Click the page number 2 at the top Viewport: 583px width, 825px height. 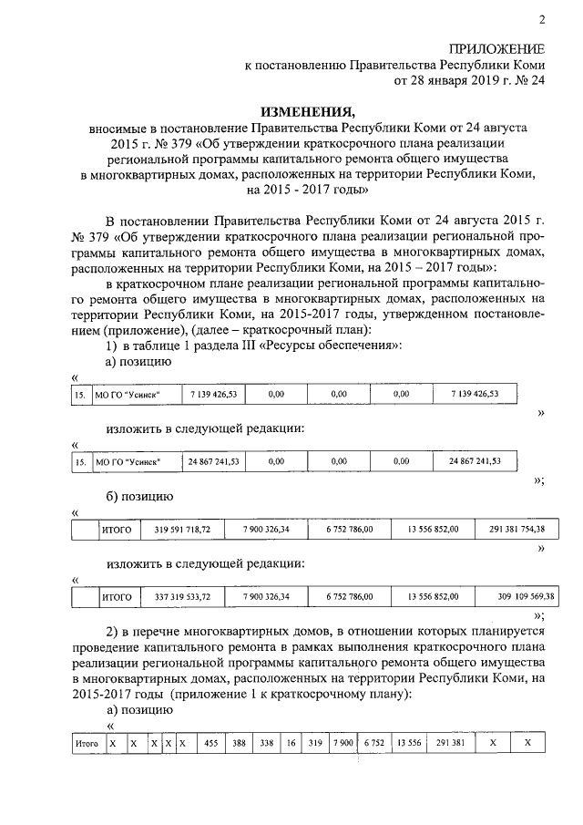(x=540, y=20)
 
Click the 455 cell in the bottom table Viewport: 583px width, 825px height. (x=211, y=744)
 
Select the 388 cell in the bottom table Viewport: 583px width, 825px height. (x=239, y=744)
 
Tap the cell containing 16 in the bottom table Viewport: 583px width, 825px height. (x=291, y=744)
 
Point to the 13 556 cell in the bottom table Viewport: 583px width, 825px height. (x=408, y=744)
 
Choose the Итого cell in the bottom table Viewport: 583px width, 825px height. (x=86, y=744)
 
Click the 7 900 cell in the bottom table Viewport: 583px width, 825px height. (x=343, y=744)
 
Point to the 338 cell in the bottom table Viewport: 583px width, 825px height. (x=266, y=744)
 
